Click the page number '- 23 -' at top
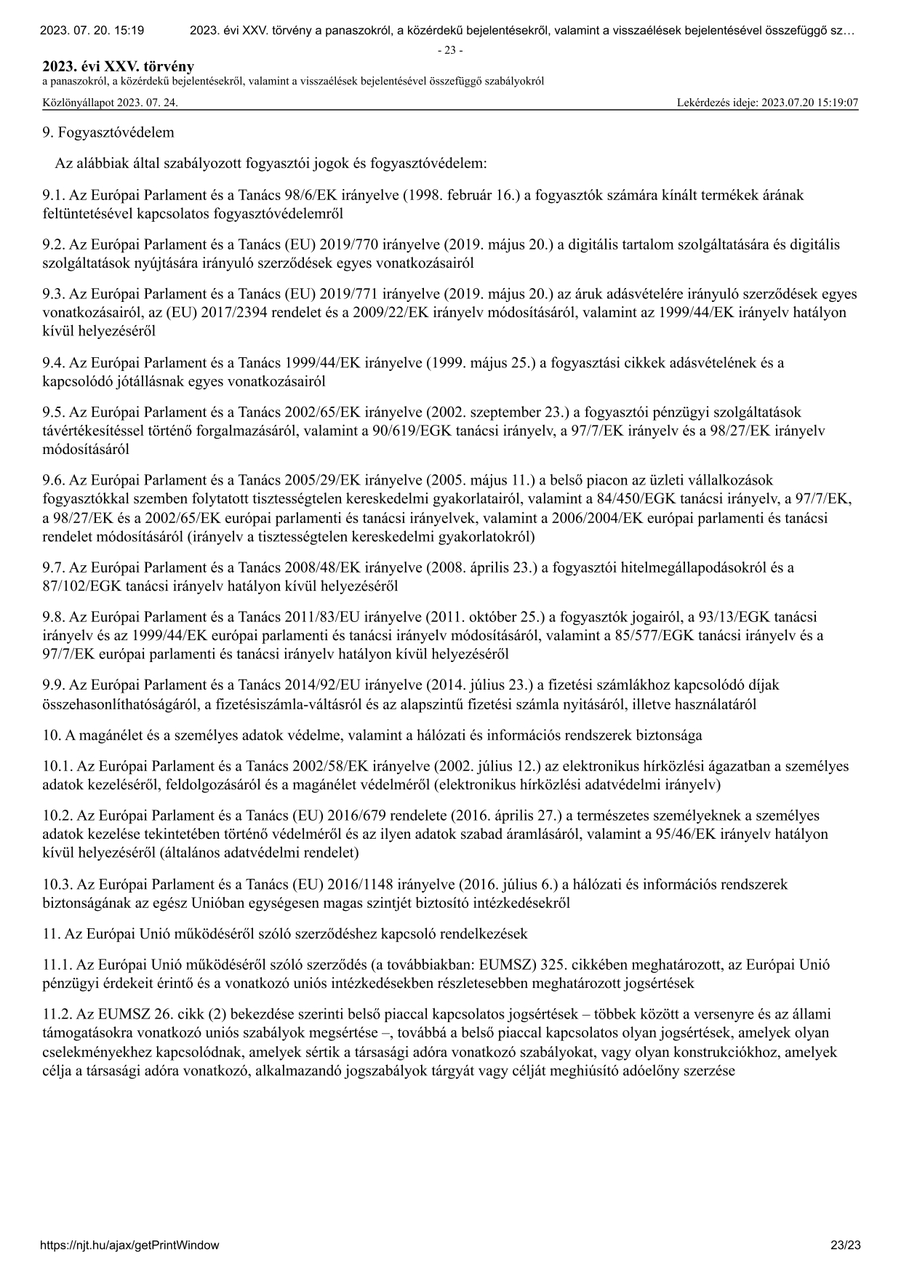[450, 50]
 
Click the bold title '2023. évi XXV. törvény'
[119, 67]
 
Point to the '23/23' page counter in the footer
[846, 1245]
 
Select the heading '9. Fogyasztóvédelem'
[108, 132]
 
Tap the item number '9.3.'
[54, 294]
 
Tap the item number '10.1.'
[58, 766]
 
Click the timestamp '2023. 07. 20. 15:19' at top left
[92, 31]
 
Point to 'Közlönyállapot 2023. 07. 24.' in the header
[110, 103]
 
